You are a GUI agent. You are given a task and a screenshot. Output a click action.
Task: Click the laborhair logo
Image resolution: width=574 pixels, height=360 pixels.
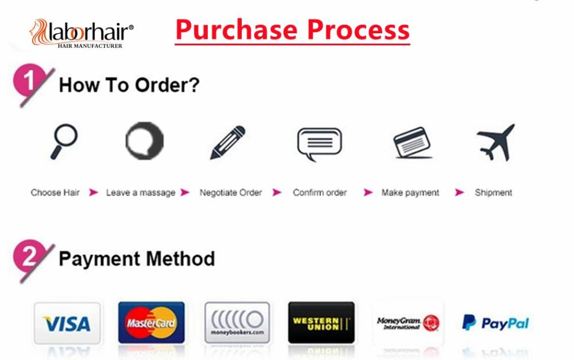[82, 34]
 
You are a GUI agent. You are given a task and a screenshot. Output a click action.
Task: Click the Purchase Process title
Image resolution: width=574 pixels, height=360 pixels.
[292, 30]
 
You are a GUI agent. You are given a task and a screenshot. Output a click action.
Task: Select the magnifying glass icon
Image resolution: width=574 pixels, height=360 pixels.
[63, 141]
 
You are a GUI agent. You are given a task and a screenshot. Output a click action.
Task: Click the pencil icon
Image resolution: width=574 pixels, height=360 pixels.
[228, 143]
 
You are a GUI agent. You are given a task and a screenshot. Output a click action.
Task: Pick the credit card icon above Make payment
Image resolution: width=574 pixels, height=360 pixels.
[412, 143]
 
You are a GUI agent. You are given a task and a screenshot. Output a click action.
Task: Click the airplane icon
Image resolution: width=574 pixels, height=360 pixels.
[496, 143]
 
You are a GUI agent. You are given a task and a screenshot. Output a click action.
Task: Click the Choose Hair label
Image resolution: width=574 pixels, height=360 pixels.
[55, 193]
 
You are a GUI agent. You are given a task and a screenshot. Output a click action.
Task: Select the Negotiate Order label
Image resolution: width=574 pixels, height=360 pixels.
[231, 193]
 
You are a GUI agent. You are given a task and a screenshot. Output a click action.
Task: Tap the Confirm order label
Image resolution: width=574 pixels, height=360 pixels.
[320, 193]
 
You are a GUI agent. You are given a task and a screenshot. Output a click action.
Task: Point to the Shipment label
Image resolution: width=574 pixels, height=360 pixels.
[493, 193]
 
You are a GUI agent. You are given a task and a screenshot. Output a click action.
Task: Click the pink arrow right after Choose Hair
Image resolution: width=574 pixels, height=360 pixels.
[94, 193]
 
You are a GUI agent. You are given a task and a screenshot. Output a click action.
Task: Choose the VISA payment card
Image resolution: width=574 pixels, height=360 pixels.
[67, 323]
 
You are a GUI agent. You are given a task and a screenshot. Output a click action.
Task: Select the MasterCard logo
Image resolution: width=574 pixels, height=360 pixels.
[152, 323]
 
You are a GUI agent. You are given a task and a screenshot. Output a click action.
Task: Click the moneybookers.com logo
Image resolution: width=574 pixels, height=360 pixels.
[237, 323]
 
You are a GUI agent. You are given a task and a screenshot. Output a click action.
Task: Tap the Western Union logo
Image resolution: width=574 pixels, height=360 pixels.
[321, 323]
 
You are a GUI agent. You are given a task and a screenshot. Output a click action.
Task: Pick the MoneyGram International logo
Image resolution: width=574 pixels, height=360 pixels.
[408, 323]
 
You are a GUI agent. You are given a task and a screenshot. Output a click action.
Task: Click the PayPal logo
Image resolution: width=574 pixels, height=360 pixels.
[495, 323]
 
